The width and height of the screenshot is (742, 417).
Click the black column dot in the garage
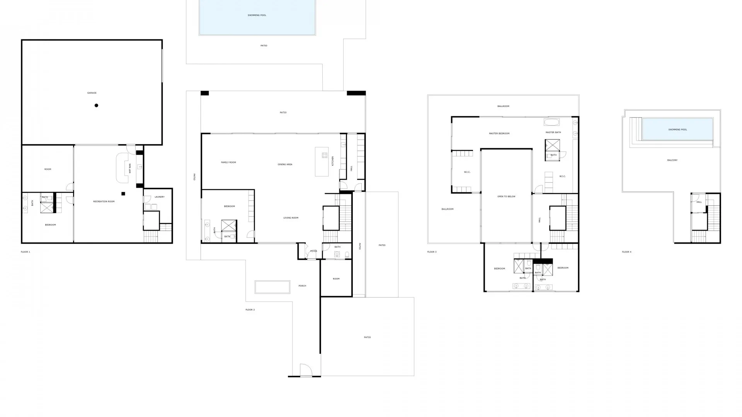tap(96, 105)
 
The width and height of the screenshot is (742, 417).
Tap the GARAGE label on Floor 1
tap(92, 93)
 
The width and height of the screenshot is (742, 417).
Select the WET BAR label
tap(130, 168)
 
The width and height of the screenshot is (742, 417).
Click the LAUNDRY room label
tap(160, 197)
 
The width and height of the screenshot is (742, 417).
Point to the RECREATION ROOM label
tap(104, 202)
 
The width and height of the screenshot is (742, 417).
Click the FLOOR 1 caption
tap(26, 252)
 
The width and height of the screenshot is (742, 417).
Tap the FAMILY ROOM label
tap(228, 162)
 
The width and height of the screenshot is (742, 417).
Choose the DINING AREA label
tap(285, 164)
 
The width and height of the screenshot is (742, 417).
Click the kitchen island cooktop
tap(325, 155)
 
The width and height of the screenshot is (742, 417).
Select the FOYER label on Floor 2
tap(313, 251)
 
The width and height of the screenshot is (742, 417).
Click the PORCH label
tap(302, 286)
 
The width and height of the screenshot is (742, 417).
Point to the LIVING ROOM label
tap(291, 218)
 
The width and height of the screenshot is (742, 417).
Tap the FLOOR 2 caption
tap(250, 310)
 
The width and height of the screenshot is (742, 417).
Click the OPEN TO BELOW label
tap(506, 197)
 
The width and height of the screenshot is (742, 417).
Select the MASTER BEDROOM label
tap(499, 133)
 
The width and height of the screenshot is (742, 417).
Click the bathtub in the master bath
tap(551, 123)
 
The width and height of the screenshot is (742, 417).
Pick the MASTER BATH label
tap(553, 132)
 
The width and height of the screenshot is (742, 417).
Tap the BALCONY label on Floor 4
tap(672, 160)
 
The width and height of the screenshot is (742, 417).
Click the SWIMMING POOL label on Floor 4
tap(677, 130)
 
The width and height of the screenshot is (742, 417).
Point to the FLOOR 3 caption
tap(432, 252)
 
